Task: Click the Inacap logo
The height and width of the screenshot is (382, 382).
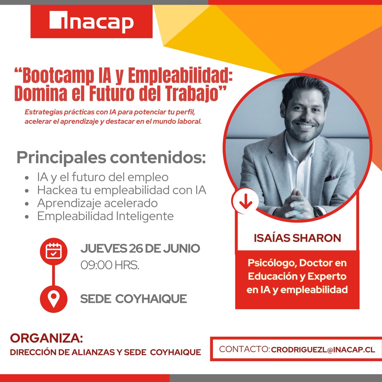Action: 91,22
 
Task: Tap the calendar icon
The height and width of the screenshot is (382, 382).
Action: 54,251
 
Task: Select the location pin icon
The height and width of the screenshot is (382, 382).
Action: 54,299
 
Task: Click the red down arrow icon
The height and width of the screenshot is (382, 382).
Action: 245,202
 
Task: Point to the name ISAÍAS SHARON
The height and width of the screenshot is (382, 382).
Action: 297,238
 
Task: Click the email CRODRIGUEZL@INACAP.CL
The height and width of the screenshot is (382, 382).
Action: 323,350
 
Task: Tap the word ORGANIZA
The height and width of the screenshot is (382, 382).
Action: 46,338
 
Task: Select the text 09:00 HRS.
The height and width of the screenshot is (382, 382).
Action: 110,265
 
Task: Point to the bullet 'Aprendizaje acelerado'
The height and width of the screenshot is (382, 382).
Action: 97,203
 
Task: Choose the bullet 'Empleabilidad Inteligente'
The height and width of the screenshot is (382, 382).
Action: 105,216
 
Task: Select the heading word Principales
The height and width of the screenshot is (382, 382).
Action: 61,157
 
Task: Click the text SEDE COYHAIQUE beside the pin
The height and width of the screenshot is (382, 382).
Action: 133,299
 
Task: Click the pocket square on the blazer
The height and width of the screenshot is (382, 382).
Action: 331,178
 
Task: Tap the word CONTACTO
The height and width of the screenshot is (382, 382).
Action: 243,349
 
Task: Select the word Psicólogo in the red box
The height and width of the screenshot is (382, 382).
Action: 272,263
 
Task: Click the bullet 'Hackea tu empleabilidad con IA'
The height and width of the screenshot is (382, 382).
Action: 122,190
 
